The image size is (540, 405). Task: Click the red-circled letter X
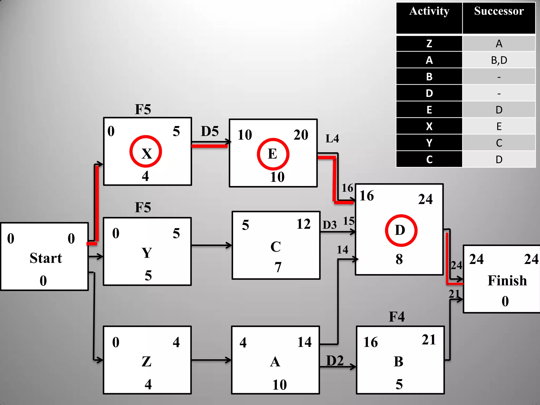(146, 153)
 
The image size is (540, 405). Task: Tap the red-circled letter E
(273, 154)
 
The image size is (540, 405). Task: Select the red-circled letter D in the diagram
(400, 230)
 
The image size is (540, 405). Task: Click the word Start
(46, 258)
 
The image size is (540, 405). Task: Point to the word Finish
(507, 280)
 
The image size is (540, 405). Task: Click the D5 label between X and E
(210, 131)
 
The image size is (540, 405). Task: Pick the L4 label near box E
(332, 138)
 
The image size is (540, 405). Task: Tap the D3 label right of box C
(330, 225)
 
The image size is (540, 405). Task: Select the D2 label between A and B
(335, 360)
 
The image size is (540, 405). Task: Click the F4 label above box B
(397, 317)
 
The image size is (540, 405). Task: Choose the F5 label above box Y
(143, 207)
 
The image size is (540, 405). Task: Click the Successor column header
(499, 11)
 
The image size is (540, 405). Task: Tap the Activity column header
(429, 11)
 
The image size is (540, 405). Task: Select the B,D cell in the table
(499, 60)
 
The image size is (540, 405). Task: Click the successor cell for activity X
(499, 126)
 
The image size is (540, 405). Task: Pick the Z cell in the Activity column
(429, 44)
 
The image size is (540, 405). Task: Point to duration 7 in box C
(278, 267)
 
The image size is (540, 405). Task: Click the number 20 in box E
(301, 135)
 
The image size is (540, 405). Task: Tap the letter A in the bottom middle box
(275, 361)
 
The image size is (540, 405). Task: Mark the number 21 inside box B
(428, 340)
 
